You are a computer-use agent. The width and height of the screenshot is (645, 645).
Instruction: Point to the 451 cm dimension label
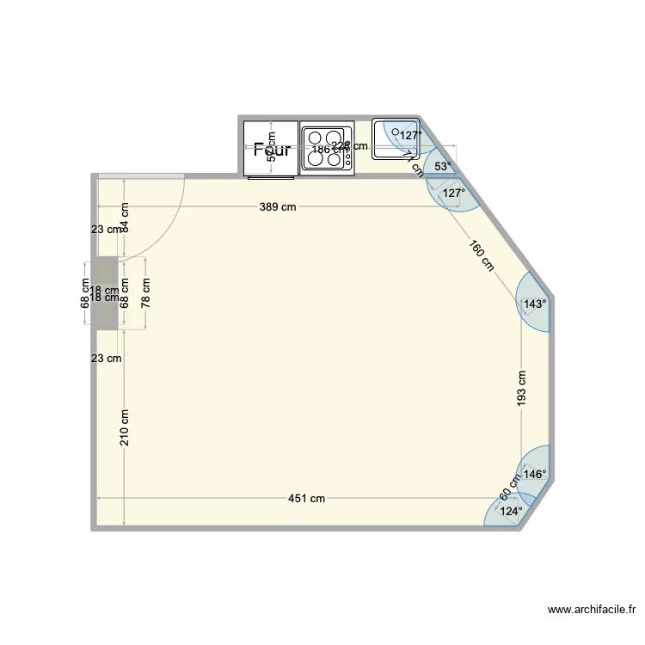point(306,498)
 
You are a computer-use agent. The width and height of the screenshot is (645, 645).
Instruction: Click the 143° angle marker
point(535,304)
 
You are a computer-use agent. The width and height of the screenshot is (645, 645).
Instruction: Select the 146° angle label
point(535,474)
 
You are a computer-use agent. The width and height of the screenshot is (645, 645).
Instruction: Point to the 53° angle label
point(441,167)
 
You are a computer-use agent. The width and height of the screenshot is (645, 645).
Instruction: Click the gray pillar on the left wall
point(107,292)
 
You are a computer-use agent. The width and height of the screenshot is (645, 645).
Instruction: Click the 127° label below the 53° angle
point(453,193)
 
